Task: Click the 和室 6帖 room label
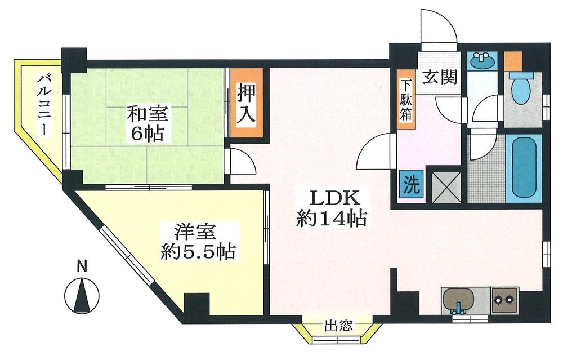click(x=148, y=125)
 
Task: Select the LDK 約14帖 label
click(x=332, y=208)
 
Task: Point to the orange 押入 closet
click(x=246, y=103)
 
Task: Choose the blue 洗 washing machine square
click(x=412, y=184)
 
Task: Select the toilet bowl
click(x=521, y=90)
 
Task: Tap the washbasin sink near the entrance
click(x=481, y=61)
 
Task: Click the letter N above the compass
click(x=82, y=266)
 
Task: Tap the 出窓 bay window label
click(x=338, y=325)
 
